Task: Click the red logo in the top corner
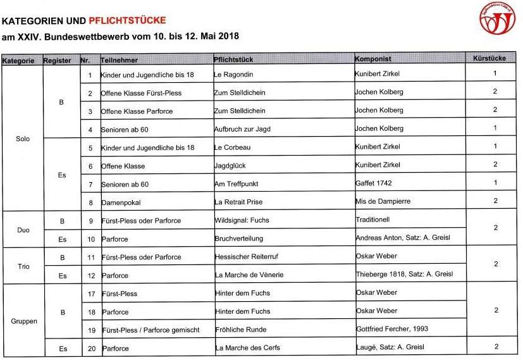(x=497, y=19)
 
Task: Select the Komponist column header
(x=373, y=59)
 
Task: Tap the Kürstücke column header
(x=489, y=59)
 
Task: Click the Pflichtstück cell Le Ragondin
(x=233, y=75)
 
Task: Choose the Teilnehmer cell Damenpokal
(x=121, y=202)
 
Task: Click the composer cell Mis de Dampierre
(x=383, y=202)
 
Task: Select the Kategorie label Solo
(x=23, y=139)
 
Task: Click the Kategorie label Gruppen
(x=24, y=321)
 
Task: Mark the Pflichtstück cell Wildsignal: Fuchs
(x=242, y=221)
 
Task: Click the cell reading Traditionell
(x=373, y=220)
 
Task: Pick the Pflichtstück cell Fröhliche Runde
(x=240, y=330)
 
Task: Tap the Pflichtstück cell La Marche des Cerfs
(x=247, y=348)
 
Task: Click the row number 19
(x=90, y=330)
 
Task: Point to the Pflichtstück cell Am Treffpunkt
(x=237, y=184)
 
